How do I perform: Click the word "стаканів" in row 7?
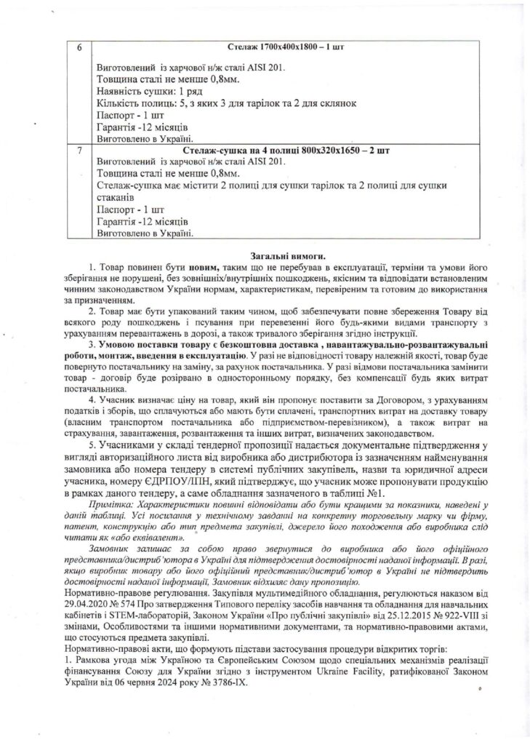pos(115,198)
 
